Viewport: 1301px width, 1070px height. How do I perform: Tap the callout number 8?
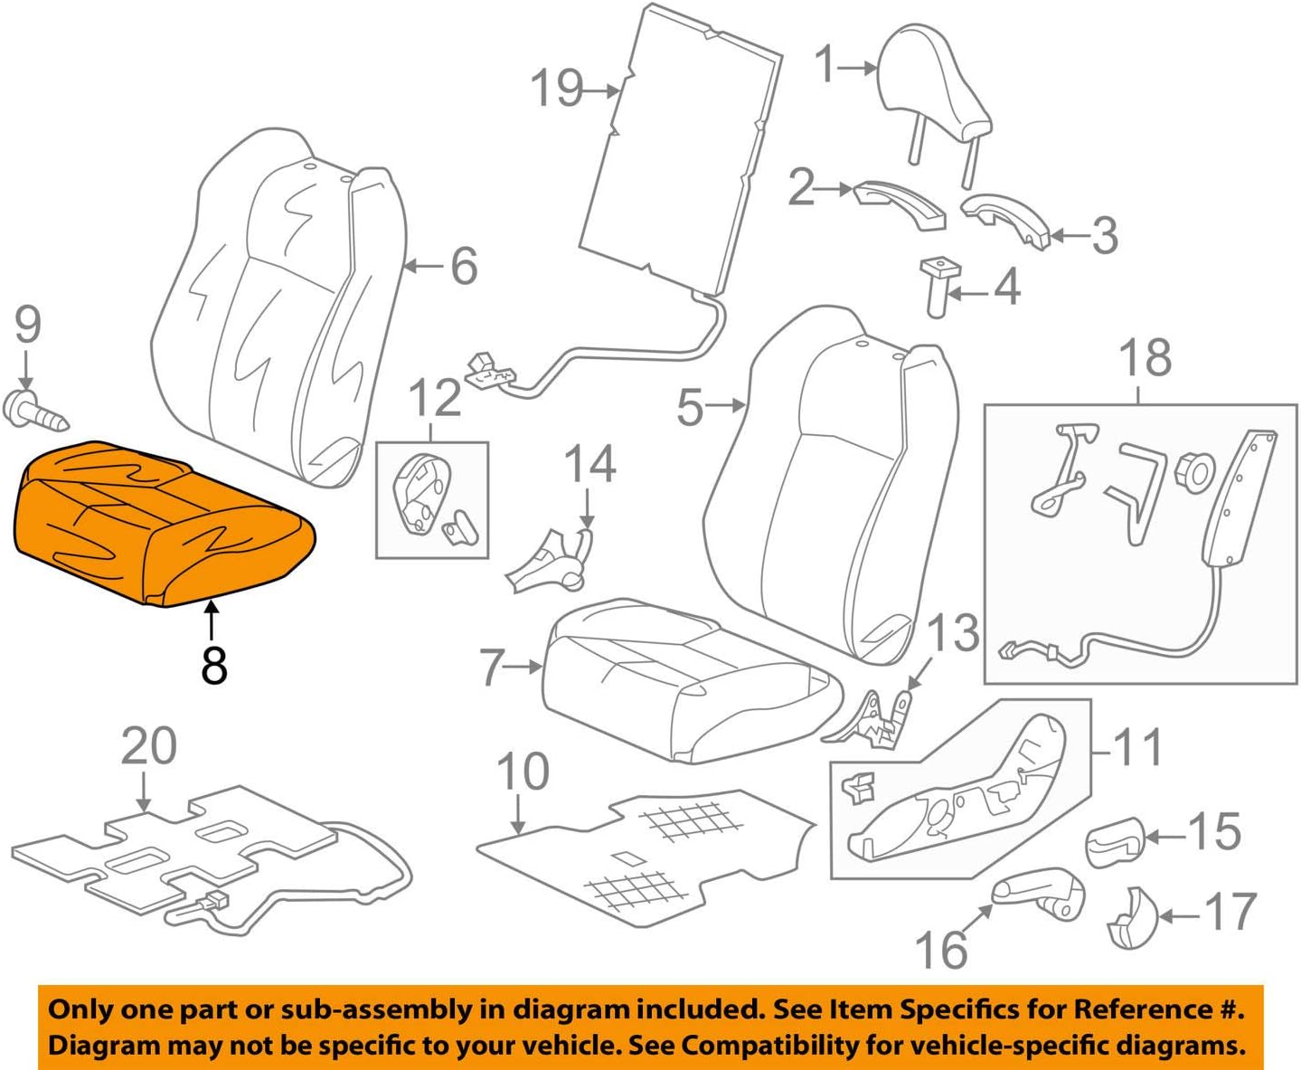(213, 665)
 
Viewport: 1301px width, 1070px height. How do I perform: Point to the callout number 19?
(556, 89)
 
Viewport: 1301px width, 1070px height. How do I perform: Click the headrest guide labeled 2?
(900, 204)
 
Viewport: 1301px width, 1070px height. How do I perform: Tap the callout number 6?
(464, 266)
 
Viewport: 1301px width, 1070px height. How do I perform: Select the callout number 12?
(435, 400)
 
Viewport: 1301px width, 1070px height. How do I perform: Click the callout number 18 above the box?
(1145, 357)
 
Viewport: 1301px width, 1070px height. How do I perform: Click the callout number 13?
(953, 632)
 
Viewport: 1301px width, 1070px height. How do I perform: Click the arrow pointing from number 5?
(725, 406)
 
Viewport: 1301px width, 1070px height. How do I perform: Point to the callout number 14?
(589, 464)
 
